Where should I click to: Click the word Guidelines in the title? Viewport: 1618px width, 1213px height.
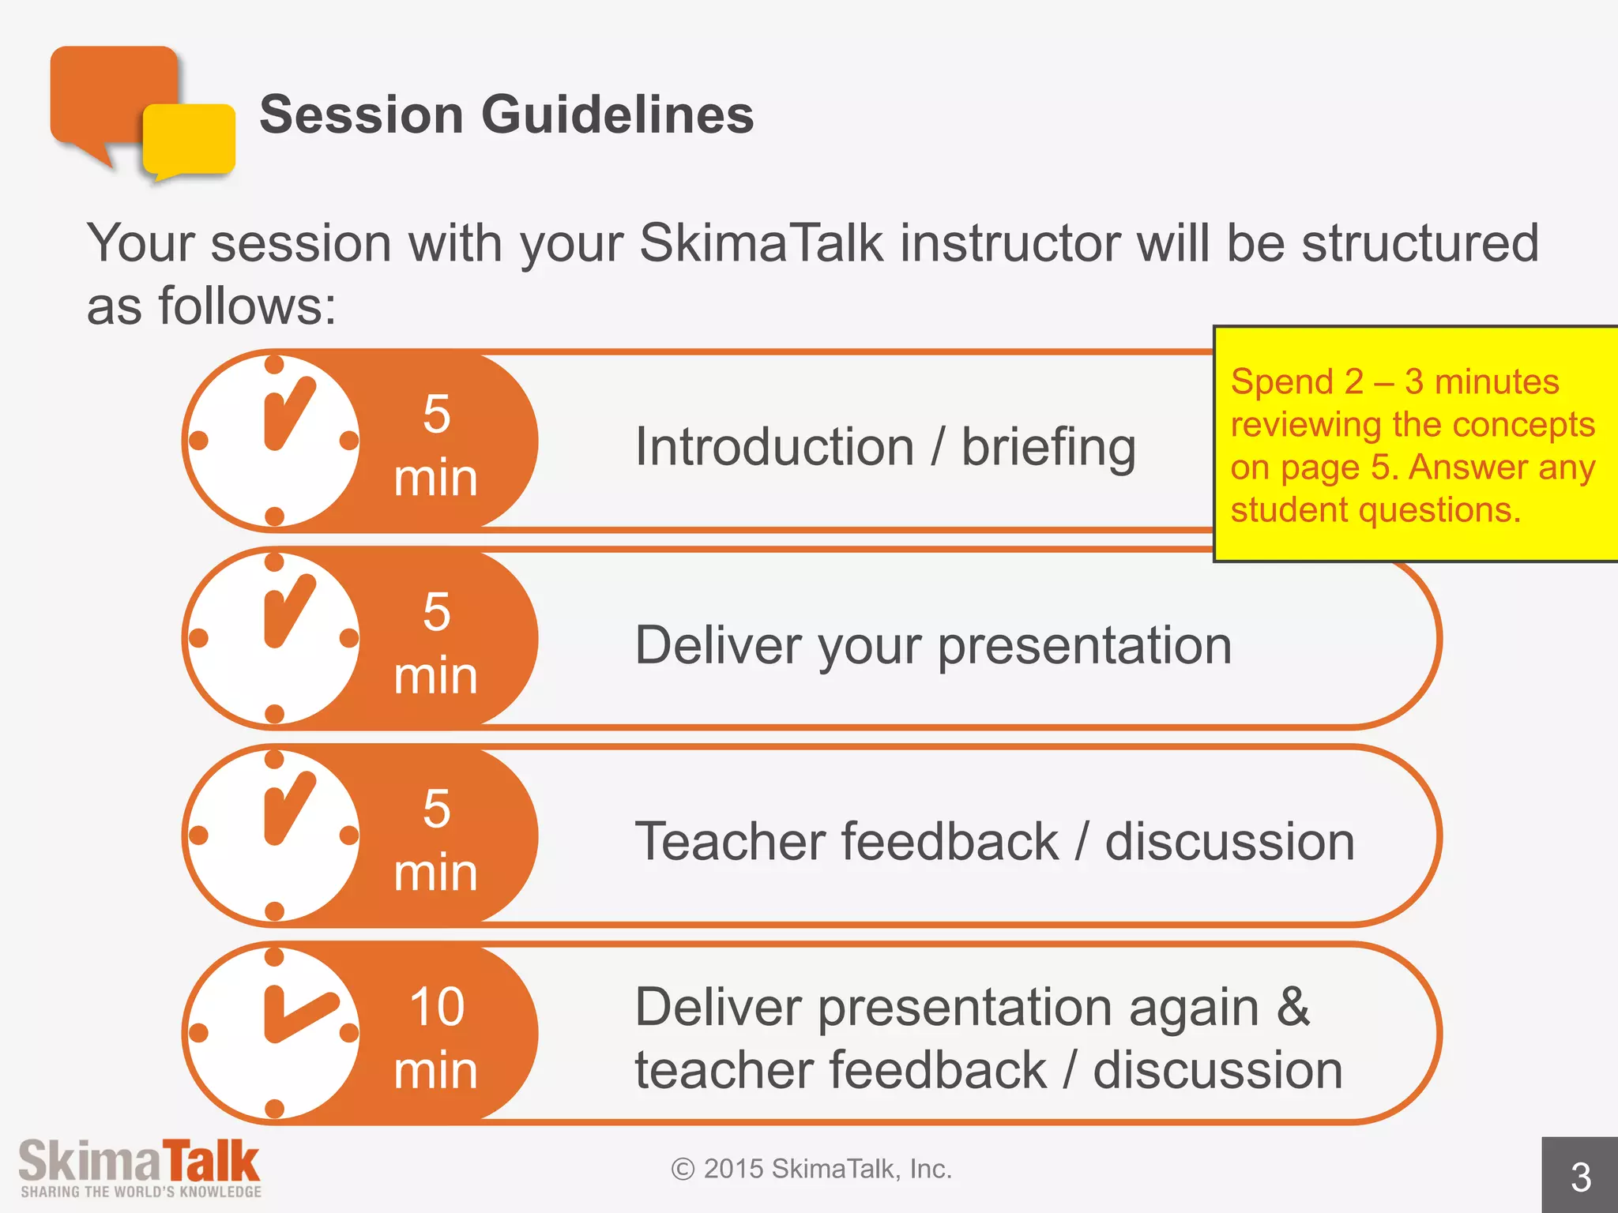click(x=617, y=115)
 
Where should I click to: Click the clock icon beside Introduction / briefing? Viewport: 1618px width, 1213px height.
click(x=273, y=441)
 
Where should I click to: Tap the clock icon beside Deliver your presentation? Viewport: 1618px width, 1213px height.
click(x=273, y=638)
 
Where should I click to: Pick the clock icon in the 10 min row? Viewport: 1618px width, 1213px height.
click(x=273, y=1033)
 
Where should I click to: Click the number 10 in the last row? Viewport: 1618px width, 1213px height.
click(x=436, y=1007)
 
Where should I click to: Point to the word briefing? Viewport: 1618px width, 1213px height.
click(x=1048, y=448)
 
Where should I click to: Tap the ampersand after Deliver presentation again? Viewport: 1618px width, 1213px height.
click(x=1293, y=1007)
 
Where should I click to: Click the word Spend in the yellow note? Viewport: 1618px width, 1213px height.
click(x=1281, y=382)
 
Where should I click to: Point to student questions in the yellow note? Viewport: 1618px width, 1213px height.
click(x=1375, y=510)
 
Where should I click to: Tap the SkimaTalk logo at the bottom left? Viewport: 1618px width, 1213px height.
click(x=139, y=1160)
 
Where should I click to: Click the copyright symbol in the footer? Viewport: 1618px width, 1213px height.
click(x=683, y=1169)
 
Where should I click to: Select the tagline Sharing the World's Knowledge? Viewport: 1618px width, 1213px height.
click(x=141, y=1192)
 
